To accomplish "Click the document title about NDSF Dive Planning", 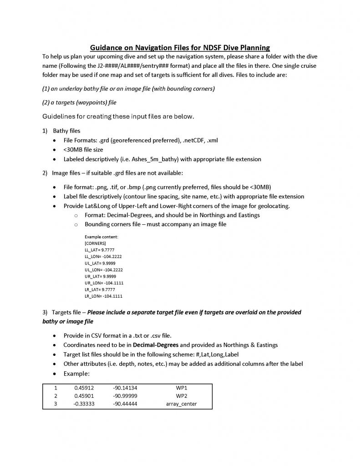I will click(180, 47).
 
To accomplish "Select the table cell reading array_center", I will click(181, 404).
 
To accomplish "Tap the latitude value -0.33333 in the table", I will click(84, 404).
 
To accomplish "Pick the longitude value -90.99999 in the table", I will click(125, 396).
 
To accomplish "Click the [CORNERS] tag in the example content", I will click(95, 243).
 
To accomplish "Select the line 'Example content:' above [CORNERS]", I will click(101, 237).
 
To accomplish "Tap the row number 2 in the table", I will click(56, 396).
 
